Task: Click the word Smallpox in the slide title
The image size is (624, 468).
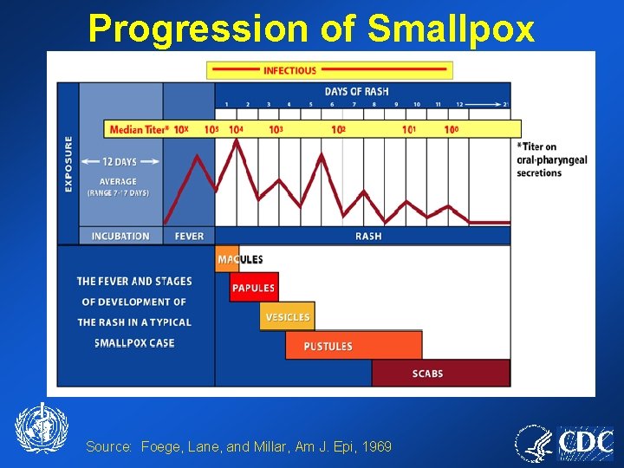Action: pos(451,29)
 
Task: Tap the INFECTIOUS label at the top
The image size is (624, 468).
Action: pos(290,70)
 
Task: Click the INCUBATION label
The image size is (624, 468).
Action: pos(120,236)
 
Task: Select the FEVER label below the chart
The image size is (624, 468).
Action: pos(189,236)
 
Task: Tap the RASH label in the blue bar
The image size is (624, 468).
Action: pos(368,236)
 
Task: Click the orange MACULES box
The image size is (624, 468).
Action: pos(228,259)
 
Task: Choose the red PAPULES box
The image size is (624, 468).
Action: pos(253,288)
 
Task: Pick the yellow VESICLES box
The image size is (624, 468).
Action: pos(287,317)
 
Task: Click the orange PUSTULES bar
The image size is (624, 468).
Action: pos(353,346)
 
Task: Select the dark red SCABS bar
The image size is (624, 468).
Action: pos(440,374)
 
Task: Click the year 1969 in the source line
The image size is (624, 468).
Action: pos(376,446)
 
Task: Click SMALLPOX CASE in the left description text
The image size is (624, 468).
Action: pos(134,343)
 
